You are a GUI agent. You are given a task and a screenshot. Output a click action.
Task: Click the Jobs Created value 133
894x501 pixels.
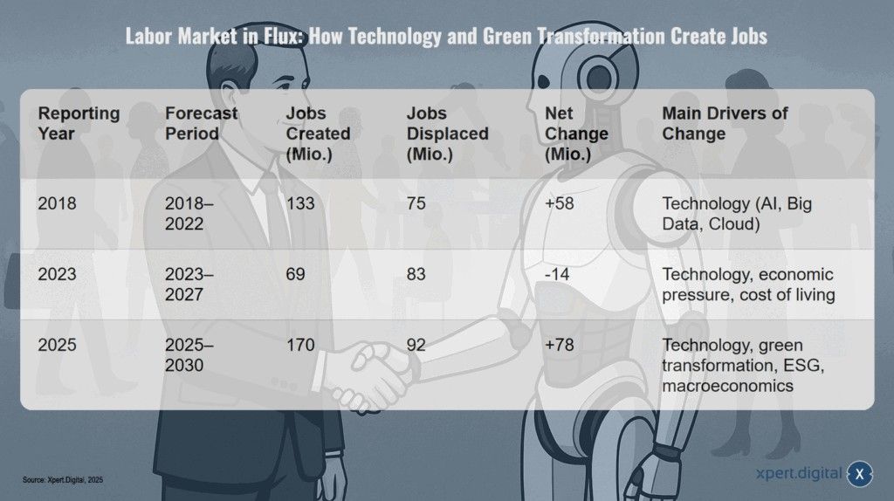(301, 204)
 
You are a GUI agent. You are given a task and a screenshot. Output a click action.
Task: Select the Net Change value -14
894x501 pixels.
(558, 274)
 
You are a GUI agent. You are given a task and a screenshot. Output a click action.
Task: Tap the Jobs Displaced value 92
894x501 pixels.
(416, 345)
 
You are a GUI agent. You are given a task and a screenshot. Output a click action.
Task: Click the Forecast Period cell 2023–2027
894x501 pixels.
(189, 285)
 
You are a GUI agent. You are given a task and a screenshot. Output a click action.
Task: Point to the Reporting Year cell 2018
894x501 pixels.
(57, 204)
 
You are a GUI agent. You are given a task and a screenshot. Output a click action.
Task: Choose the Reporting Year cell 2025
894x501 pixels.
(57, 345)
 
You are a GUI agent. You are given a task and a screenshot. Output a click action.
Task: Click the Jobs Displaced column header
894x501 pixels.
(447, 134)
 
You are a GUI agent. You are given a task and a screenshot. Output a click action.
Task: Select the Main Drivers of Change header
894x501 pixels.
(725, 123)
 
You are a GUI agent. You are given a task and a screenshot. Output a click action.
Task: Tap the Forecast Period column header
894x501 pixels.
(201, 123)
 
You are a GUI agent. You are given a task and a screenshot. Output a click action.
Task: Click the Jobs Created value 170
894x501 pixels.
(301, 345)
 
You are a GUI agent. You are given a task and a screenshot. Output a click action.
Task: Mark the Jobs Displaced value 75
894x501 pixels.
(416, 204)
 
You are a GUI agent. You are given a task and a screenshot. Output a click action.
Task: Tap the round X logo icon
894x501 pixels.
(860, 474)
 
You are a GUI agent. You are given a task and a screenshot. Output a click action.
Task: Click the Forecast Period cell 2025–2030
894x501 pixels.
(189, 355)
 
